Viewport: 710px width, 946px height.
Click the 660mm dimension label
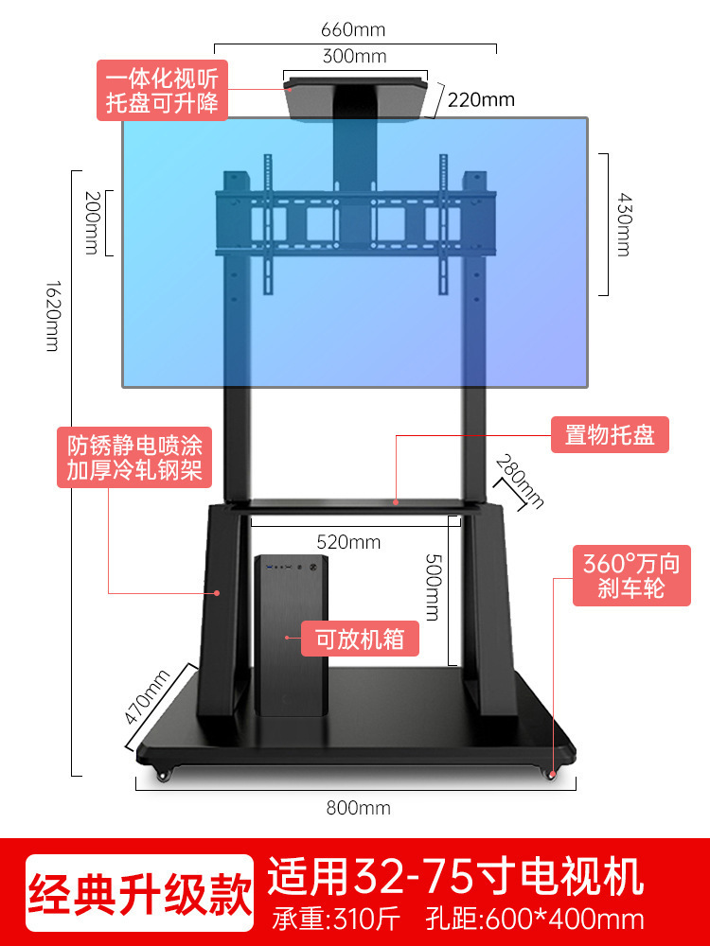pyautogui.click(x=354, y=30)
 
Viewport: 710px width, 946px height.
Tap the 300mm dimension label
pyautogui.click(x=354, y=56)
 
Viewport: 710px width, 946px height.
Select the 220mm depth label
pyautogui.click(x=481, y=99)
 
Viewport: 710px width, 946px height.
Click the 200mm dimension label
pyautogui.click(x=92, y=222)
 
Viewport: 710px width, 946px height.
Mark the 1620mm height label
pyautogui.click(x=52, y=315)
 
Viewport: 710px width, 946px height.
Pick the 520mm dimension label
pyautogui.click(x=348, y=542)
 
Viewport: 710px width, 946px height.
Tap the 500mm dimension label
pyautogui.click(x=432, y=587)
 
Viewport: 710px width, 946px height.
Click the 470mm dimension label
pyautogui.click(x=148, y=696)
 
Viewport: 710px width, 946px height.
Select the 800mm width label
pyautogui.click(x=358, y=808)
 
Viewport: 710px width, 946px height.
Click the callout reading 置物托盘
pyautogui.click(x=610, y=435)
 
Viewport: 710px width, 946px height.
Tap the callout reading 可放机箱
pyautogui.click(x=360, y=639)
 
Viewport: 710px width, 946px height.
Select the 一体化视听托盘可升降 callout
pyautogui.click(x=162, y=90)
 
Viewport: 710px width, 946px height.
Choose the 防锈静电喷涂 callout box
pyautogui.click(x=134, y=458)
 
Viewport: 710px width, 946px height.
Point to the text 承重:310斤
pyautogui.click(x=335, y=919)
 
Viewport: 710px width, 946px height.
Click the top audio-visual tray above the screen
pyautogui.click(x=360, y=98)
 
